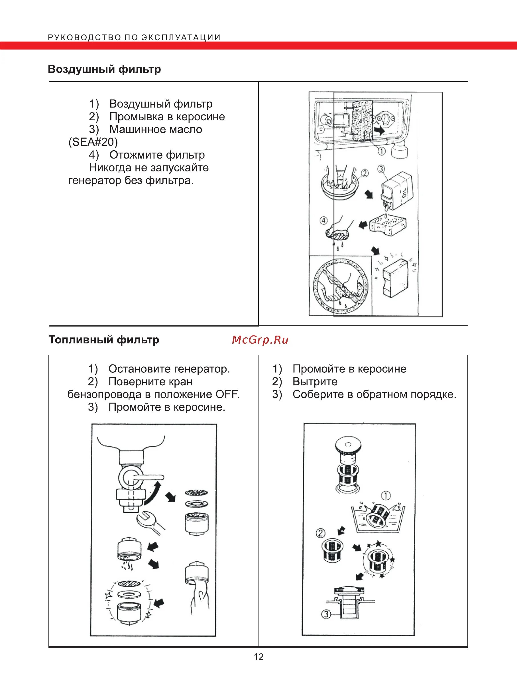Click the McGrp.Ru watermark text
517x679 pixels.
(x=260, y=340)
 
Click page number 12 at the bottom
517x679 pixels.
(x=258, y=657)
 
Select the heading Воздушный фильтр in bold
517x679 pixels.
(x=104, y=69)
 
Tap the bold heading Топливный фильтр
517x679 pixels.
(x=104, y=340)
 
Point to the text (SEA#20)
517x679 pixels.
(x=93, y=142)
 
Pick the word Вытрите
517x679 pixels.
(x=315, y=382)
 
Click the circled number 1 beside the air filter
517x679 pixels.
(x=381, y=151)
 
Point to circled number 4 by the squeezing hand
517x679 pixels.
(x=324, y=220)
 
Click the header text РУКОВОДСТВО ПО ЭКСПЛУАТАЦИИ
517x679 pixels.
(x=134, y=38)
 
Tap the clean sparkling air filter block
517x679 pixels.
(x=395, y=277)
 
